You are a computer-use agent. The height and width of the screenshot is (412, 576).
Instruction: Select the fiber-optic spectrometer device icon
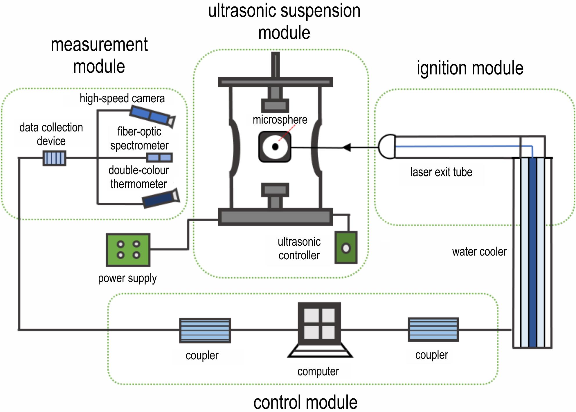159,158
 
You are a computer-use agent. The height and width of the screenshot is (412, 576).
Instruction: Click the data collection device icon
55,158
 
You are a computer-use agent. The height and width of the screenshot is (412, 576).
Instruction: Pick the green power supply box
128,250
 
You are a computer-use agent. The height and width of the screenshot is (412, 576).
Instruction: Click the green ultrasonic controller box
346,248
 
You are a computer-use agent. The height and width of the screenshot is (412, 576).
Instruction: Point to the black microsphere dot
275,147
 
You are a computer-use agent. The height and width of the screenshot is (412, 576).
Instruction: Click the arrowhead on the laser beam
347,147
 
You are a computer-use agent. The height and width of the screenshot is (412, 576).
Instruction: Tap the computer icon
320,330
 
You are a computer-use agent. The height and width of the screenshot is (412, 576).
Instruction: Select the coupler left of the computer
205,331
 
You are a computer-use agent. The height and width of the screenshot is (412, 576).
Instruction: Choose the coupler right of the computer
433,329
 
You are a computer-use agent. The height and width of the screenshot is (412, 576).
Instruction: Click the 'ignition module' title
470,68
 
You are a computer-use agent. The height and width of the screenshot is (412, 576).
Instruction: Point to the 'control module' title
305,402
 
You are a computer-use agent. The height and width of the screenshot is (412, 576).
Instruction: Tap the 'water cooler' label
479,252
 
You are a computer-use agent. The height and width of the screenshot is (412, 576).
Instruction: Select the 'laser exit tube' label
441,172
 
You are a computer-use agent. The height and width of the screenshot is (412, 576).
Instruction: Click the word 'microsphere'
280,120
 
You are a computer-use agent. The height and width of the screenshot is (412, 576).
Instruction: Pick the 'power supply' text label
127,278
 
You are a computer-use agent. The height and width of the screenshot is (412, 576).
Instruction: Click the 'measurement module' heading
99,55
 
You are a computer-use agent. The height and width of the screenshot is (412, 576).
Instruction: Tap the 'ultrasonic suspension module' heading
284,22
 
